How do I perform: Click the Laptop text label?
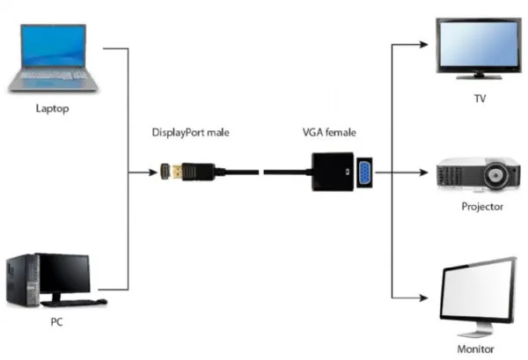[x=51, y=109]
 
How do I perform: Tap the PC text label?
[x=57, y=322]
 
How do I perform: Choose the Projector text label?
[x=482, y=206]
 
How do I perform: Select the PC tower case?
[x=22, y=279]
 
